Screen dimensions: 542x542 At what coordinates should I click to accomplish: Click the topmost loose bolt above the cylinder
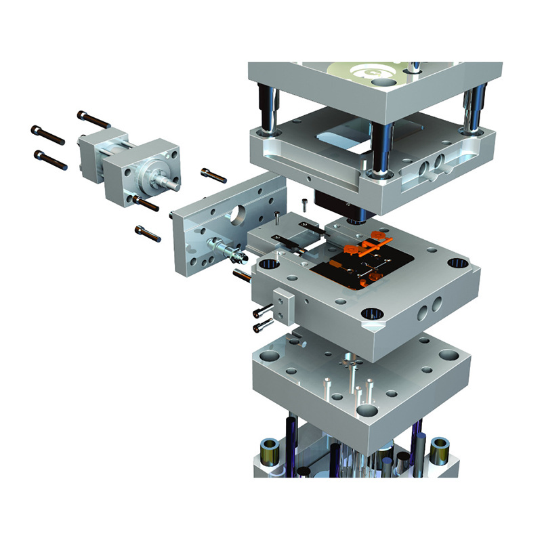coord(93,119)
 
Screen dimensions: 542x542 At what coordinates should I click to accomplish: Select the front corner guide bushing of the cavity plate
coord(370,314)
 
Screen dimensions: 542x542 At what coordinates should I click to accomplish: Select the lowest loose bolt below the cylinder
coord(147,233)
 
